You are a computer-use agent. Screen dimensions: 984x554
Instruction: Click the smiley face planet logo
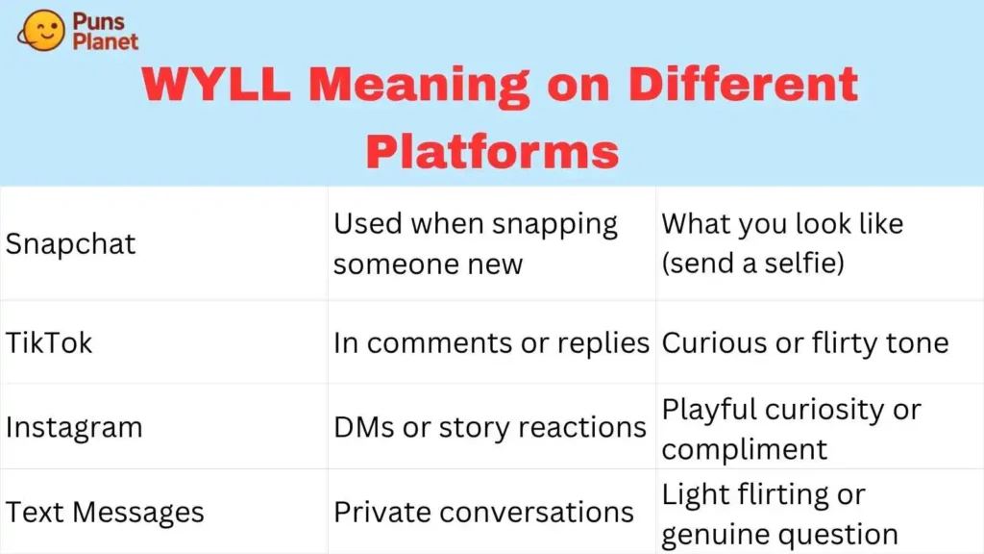tap(41, 30)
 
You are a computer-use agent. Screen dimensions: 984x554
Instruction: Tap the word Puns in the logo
tap(99, 21)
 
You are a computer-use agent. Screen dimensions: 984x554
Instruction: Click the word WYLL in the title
tap(216, 85)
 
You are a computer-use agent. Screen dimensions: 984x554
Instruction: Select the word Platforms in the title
tap(493, 151)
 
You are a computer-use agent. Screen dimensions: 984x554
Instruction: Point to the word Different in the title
tap(743, 84)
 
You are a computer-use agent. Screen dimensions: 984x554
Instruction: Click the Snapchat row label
tap(70, 243)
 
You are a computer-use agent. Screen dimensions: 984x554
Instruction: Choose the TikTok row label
tap(49, 343)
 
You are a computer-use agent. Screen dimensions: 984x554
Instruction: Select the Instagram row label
tap(74, 428)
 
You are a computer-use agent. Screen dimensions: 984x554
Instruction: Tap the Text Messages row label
tap(105, 512)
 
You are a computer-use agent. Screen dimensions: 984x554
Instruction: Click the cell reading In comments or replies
tap(491, 343)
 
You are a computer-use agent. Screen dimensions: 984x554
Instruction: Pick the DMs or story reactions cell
tap(490, 428)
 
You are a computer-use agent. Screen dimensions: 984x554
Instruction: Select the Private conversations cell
tap(484, 512)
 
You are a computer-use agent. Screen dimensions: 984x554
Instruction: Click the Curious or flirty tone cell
tap(805, 343)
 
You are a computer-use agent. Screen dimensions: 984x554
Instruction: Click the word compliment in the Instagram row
tap(745, 450)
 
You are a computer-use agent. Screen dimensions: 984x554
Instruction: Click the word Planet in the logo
tap(106, 41)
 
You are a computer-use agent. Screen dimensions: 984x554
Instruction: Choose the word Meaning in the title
tap(419, 86)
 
